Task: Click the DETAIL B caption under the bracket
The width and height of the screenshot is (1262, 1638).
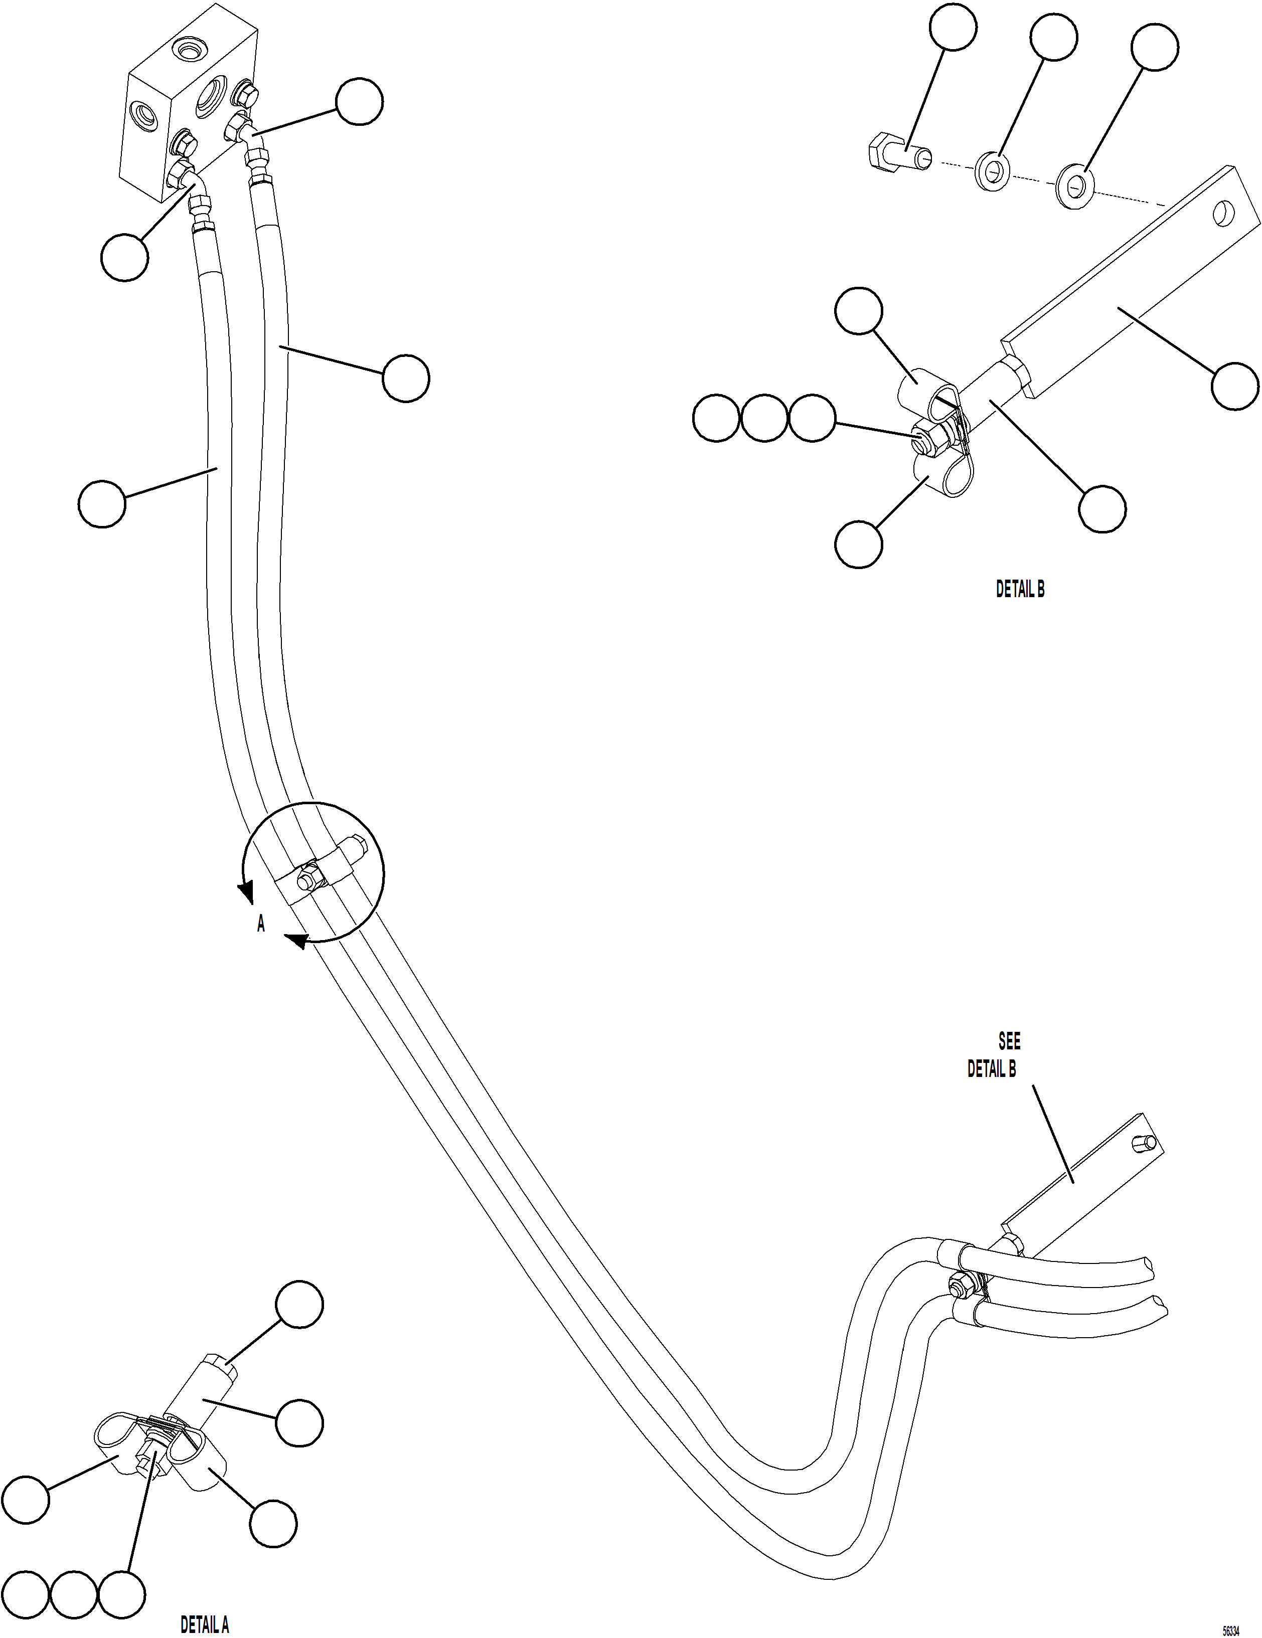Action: (x=1020, y=590)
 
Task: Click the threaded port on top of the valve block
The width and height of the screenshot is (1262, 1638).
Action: (x=187, y=50)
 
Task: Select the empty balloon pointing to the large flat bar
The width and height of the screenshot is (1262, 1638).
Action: (x=1235, y=386)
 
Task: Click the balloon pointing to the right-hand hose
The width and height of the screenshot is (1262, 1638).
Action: (x=406, y=379)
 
